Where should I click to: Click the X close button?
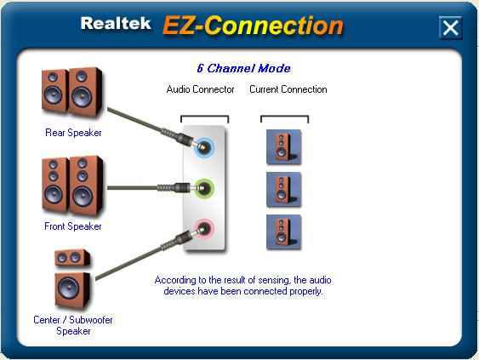[450, 28]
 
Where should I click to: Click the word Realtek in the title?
[116, 23]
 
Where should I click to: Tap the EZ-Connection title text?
[253, 25]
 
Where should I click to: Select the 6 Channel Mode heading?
[243, 68]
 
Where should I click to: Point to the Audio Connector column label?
[201, 89]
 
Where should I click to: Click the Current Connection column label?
[288, 89]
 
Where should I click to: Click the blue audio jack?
[204, 147]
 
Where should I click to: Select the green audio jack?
[204, 188]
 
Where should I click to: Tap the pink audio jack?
[204, 228]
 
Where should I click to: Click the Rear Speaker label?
[73, 133]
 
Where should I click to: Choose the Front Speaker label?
[73, 226]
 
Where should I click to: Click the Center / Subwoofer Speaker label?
[73, 325]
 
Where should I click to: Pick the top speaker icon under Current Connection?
[283, 147]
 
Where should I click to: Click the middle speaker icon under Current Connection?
[283, 190]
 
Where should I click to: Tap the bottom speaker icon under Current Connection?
[283, 232]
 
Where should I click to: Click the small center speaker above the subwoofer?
[72, 258]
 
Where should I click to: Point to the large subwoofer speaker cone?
[68, 288]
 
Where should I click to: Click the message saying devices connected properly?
[243, 285]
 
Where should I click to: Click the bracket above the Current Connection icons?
[284, 116]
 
